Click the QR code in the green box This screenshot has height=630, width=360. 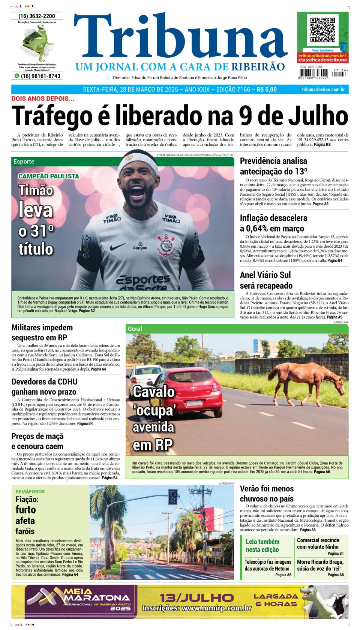[x=322, y=30]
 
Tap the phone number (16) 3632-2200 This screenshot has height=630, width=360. [x=37, y=16]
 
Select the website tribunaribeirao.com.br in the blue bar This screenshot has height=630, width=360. [x=323, y=90]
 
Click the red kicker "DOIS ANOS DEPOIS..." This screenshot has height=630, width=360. [x=43, y=99]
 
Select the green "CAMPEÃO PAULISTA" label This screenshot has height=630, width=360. [x=49, y=176]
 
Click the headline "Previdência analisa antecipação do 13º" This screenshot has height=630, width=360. [x=273, y=166]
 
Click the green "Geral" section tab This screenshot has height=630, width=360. [x=135, y=329]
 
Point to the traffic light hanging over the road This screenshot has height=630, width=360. [x=173, y=497]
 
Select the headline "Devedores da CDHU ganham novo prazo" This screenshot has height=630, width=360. [x=44, y=387]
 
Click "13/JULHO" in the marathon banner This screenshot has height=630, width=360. [x=196, y=597]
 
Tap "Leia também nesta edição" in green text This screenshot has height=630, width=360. [x=262, y=545]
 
